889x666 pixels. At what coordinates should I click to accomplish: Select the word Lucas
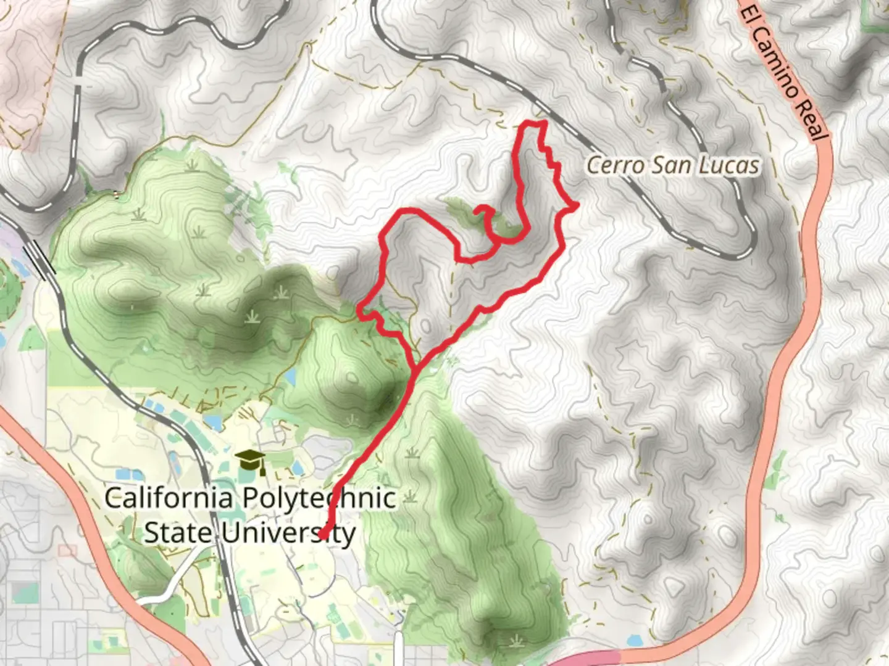(728, 165)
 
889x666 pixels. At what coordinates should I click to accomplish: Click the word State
(179, 533)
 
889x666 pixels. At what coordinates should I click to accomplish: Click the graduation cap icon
(250, 460)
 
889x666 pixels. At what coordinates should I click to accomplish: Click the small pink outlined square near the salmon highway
(67, 550)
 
